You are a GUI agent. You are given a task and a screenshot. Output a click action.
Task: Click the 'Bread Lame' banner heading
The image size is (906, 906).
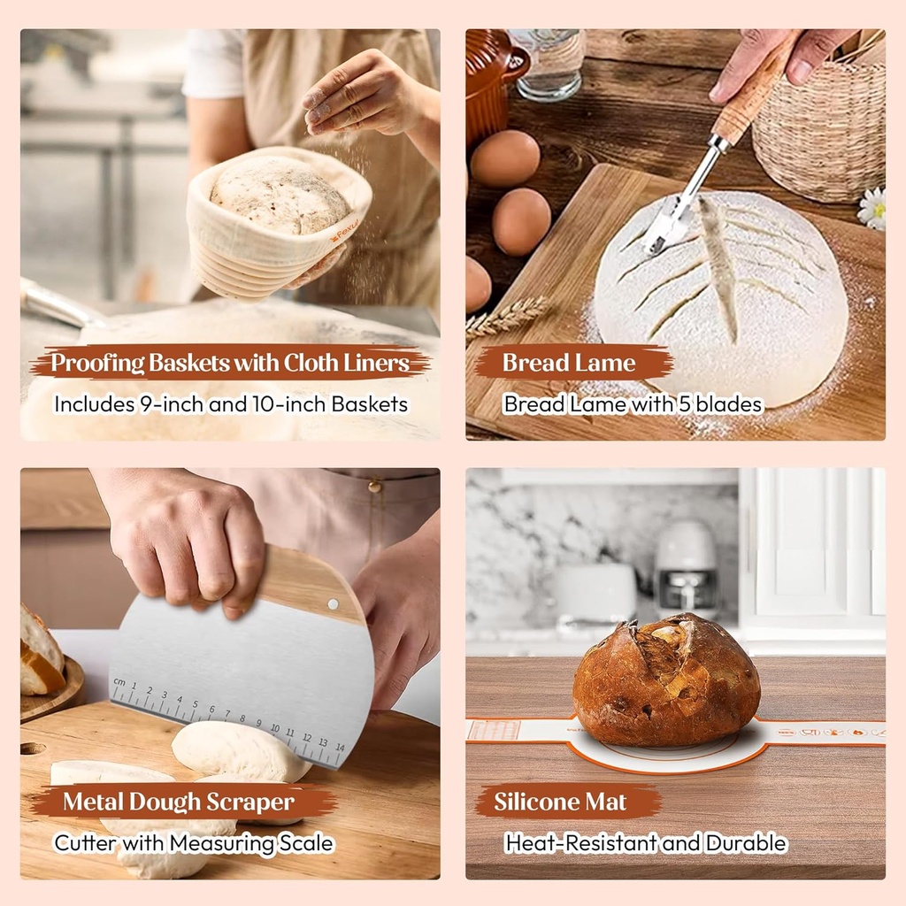click(x=569, y=363)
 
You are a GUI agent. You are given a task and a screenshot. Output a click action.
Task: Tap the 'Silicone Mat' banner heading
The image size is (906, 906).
click(x=560, y=802)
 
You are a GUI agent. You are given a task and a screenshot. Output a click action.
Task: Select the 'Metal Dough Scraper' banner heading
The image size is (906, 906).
click(x=178, y=802)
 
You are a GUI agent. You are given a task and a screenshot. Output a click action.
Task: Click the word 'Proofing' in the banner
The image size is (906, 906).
click(x=96, y=363)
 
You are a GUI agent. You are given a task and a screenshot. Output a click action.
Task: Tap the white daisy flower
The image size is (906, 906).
click(x=873, y=209)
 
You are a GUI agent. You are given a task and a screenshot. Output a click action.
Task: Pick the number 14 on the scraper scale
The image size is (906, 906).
click(x=340, y=747)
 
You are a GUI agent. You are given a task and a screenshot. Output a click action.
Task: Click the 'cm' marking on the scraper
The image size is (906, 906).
click(x=119, y=682)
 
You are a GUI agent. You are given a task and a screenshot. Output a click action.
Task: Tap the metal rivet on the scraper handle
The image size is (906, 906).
click(x=333, y=604)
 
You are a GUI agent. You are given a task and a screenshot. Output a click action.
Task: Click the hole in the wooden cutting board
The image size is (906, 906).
click(x=32, y=749)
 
